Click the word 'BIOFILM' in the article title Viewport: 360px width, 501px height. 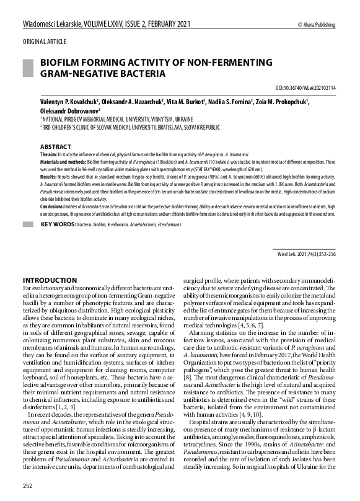[61, 63]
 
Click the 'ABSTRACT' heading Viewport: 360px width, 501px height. [55, 146]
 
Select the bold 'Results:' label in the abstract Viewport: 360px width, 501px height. [49, 176]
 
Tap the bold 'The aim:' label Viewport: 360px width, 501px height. [49, 153]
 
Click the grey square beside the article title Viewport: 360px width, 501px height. [29, 68]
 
